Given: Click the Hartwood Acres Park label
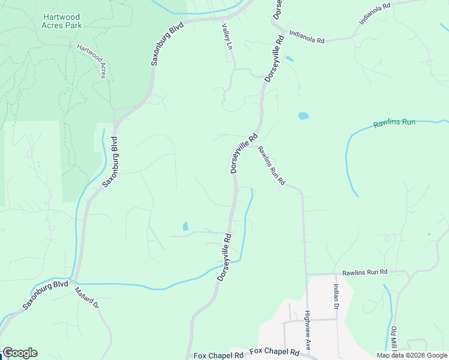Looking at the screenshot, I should [x=62, y=22].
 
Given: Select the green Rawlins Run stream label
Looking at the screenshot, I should [x=394, y=122].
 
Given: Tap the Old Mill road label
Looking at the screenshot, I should [x=394, y=340].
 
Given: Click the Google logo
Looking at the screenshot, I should [x=20, y=353].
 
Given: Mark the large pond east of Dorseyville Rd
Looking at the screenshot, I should [x=303, y=116].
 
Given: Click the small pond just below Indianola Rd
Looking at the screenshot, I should [x=289, y=59].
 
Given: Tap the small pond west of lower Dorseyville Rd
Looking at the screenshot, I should [x=185, y=227].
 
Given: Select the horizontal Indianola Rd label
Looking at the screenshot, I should [x=306, y=37].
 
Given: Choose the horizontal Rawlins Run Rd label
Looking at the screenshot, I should [x=365, y=272].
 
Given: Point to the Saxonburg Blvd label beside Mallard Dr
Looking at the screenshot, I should [x=46, y=295].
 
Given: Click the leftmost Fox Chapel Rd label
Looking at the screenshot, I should [x=218, y=355].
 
